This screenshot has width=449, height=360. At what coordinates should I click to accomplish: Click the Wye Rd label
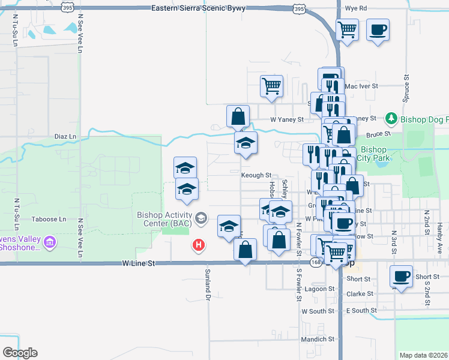click(356, 8)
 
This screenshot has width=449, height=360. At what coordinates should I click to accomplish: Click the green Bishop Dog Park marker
click(391, 118)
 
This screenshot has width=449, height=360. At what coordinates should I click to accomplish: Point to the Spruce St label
click(406, 87)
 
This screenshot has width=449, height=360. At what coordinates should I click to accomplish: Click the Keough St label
click(257, 175)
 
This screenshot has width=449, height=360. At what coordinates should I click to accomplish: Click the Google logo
click(20, 353)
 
